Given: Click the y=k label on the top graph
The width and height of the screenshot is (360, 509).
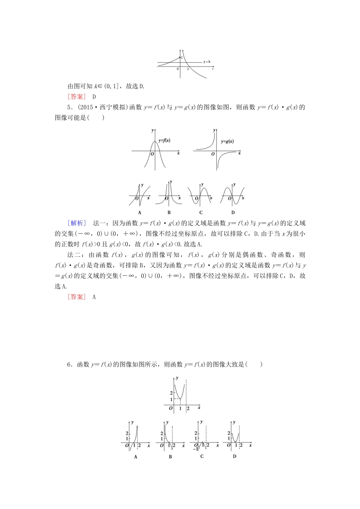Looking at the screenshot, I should pos(207,62).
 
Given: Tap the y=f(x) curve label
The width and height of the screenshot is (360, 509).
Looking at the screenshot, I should pos(164,141).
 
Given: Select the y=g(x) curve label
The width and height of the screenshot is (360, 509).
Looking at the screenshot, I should pos(227,142).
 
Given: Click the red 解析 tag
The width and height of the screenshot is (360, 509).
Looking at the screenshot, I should pos(77,223).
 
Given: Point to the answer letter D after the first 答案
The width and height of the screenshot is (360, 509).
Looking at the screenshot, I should pos(94,97).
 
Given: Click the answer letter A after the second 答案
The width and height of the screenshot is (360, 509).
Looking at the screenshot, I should pos(94,297).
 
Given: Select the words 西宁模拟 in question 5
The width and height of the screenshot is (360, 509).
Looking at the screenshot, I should pos(112,107).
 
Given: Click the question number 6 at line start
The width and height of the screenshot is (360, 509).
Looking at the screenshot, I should pos(69,364).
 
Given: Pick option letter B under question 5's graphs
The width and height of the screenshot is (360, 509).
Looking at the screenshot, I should pos(169,212).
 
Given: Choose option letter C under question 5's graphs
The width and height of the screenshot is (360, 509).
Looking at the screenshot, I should pos(201,212).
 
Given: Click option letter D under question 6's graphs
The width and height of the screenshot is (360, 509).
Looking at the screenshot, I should pos(235,456).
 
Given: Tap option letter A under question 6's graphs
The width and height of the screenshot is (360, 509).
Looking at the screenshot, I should pos(135,457).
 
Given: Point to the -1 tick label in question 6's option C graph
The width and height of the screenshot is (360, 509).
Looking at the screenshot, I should pos(195,449).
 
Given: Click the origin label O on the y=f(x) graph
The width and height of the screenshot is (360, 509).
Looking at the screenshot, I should pos(152,154).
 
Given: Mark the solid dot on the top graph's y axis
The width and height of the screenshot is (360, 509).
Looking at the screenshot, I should pos(180,57).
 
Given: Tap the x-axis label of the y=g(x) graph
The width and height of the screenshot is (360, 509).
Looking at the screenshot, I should pos(239,153).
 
